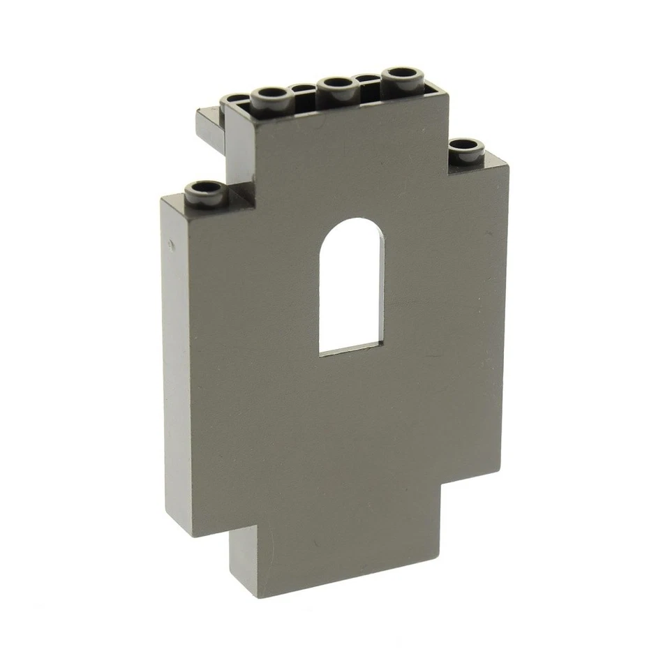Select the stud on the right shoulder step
pos(466,148)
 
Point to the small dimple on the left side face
pos(169,244)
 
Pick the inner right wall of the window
pos(381,293)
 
